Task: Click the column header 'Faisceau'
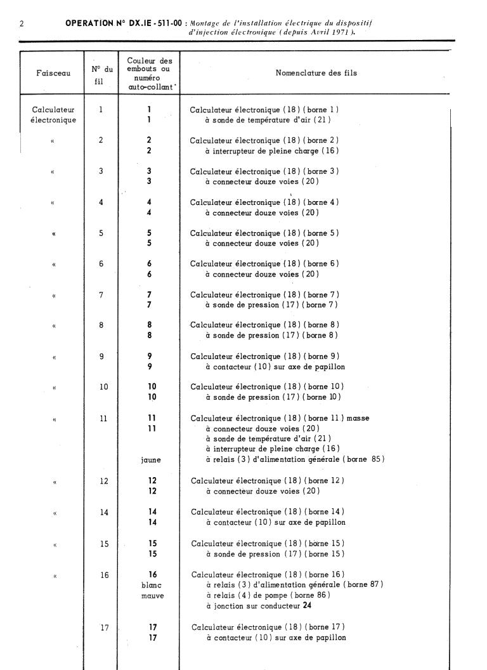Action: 53,73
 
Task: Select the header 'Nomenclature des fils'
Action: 316,73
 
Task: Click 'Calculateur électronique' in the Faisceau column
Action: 53,114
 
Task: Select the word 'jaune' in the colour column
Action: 151,459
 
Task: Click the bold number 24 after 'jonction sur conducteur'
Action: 308,605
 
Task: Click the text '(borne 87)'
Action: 364,584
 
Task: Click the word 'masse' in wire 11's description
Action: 356,418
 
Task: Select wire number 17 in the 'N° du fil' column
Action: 105,627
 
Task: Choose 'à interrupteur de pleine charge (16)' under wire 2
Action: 271,151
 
